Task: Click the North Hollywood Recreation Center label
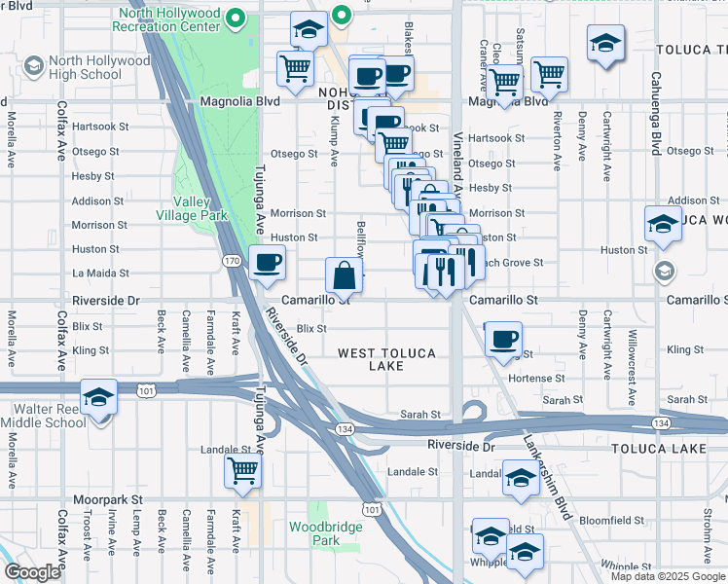click(167, 19)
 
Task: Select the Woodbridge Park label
click(314, 533)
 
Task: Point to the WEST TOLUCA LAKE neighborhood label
click(386, 359)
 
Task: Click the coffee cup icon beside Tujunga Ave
click(267, 262)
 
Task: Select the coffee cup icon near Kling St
click(502, 339)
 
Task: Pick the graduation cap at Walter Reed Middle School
click(99, 398)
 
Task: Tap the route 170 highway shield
click(232, 261)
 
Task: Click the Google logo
click(33, 571)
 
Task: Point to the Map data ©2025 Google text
click(668, 576)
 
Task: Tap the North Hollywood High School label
click(88, 67)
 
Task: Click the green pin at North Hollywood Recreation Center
click(235, 18)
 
